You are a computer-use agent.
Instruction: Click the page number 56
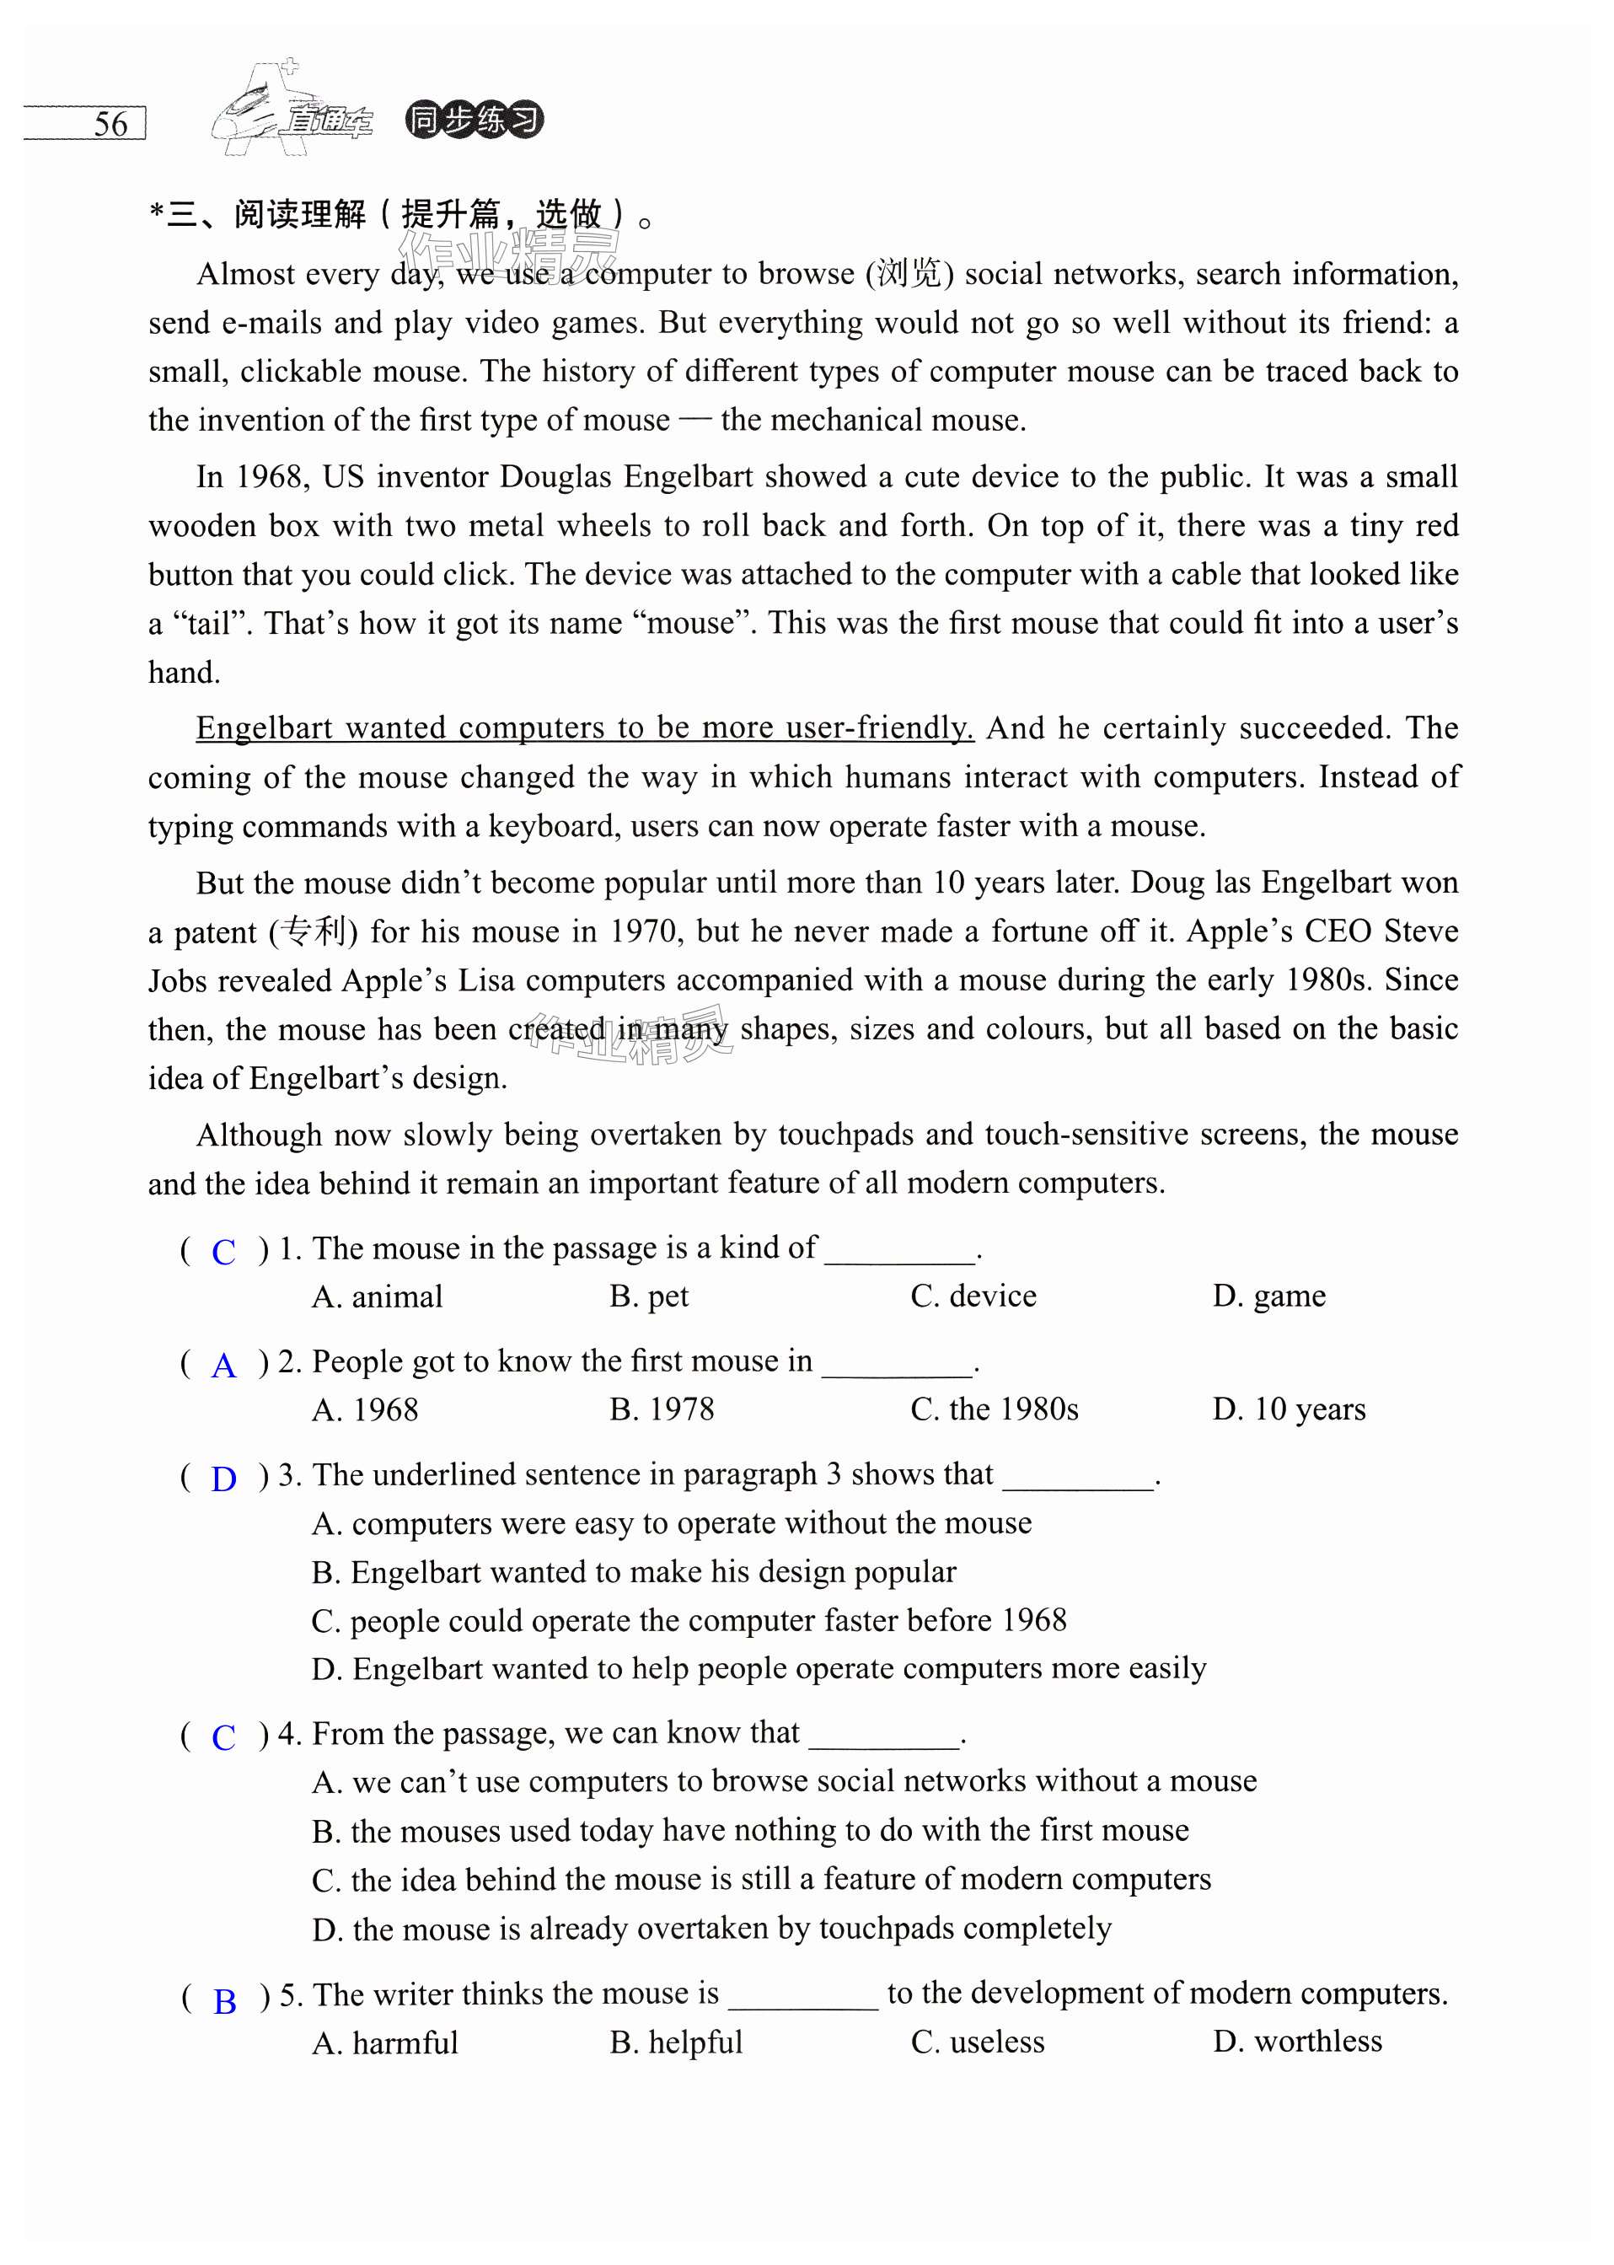pos(110,124)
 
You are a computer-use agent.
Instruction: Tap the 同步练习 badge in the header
pos(474,121)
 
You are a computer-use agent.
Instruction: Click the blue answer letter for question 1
pos(223,1251)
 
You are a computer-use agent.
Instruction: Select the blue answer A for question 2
pos(223,1365)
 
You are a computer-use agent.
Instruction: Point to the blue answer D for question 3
pos(223,1479)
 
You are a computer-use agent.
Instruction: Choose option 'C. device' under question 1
pos(973,1296)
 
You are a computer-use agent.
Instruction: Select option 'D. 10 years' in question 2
pos(1289,1409)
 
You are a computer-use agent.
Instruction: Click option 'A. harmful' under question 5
pos(384,2042)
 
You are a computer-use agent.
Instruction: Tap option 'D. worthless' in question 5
pos(1297,2042)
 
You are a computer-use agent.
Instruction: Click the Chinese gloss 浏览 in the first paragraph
pos(909,273)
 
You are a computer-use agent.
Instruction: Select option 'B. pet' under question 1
pos(649,1296)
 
